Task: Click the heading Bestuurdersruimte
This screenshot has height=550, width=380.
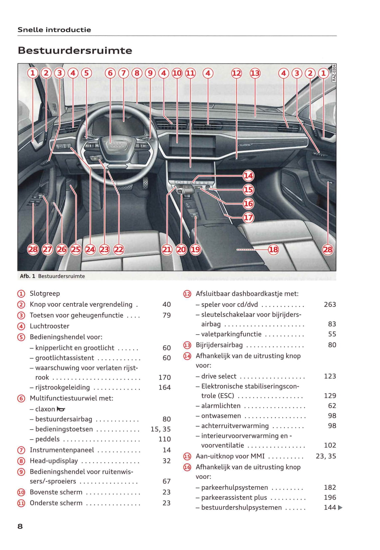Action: click(x=75, y=51)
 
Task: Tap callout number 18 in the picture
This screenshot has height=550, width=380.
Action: click(x=273, y=249)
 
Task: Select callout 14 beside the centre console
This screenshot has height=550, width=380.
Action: click(x=248, y=176)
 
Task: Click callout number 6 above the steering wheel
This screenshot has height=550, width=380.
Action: click(x=110, y=73)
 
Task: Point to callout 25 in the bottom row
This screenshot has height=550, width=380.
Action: click(x=76, y=249)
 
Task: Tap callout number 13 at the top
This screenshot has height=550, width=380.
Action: click(x=255, y=73)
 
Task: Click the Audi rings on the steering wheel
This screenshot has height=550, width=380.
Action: click(x=117, y=145)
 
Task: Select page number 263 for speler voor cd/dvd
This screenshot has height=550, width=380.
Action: click(x=329, y=304)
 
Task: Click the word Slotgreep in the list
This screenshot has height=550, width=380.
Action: click(x=45, y=293)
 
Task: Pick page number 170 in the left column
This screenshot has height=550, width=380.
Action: click(x=164, y=377)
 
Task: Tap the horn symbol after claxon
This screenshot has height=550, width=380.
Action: click(x=61, y=409)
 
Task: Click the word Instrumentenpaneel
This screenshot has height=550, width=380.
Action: click(x=62, y=450)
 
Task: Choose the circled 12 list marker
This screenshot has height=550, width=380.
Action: click(x=187, y=294)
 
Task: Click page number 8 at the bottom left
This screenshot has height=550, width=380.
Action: click(x=20, y=526)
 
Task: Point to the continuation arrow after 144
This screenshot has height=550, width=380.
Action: click(x=340, y=507)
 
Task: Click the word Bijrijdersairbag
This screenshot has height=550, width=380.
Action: click(x=219, y=345)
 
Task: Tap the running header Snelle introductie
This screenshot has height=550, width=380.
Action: click(x=54, y=30)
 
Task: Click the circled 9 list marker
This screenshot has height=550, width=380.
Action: click(x=21, y=472)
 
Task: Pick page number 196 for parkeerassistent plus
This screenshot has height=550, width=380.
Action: click(x=330, y=497)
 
